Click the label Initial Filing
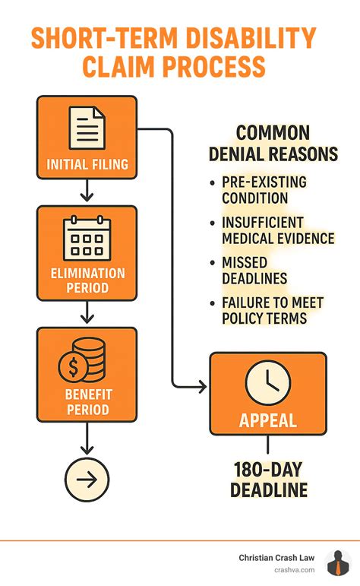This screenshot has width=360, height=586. tap(87, 164)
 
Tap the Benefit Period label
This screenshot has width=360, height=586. tap(87, 402)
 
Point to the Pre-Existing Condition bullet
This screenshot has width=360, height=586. tap(254, 190)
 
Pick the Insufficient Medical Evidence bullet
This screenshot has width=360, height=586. tap(277, 230)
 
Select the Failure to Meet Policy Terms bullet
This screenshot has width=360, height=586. tap(272, 310)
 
